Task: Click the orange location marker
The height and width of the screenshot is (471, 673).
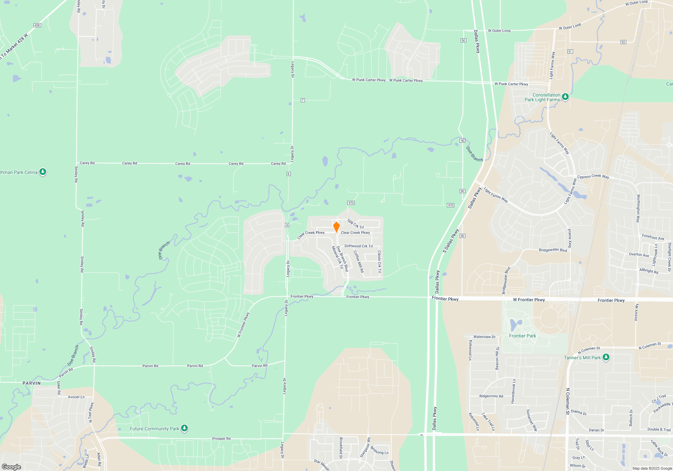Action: tap(336, 227)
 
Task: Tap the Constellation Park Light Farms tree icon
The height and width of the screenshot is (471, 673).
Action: tap(565, 97)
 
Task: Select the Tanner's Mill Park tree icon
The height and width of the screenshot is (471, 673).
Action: tap(606, 357)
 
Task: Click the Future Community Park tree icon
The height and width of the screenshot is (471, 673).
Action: tap(184, 428)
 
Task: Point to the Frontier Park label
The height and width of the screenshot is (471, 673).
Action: tap(522, 336)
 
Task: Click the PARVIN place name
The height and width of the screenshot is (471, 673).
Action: tap(32, 383)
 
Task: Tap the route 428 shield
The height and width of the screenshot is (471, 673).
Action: tap(37, 25)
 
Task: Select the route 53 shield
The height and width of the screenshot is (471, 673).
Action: tap(623, 42)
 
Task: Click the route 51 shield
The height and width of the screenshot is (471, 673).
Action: tap(570, 51)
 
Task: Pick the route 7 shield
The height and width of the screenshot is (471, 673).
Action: tap(303, 100)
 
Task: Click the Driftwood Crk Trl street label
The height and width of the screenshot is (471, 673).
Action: tap(358, 246)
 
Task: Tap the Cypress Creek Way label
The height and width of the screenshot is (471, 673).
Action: tap(593, 176)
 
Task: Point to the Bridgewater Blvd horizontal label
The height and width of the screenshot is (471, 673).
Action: tap(553, 250)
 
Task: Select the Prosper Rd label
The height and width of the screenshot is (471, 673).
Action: tap(221, 438)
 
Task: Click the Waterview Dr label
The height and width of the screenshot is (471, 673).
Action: tap(484, 337)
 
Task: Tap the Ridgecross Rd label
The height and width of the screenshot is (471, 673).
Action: tap(491, 396)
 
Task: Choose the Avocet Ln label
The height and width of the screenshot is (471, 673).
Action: tap(76, 397)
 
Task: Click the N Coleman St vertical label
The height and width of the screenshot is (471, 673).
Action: tap(568, 401)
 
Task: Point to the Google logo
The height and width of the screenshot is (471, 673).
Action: tap(11, 467)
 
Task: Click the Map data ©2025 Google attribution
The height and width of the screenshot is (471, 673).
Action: tap(652, 468)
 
